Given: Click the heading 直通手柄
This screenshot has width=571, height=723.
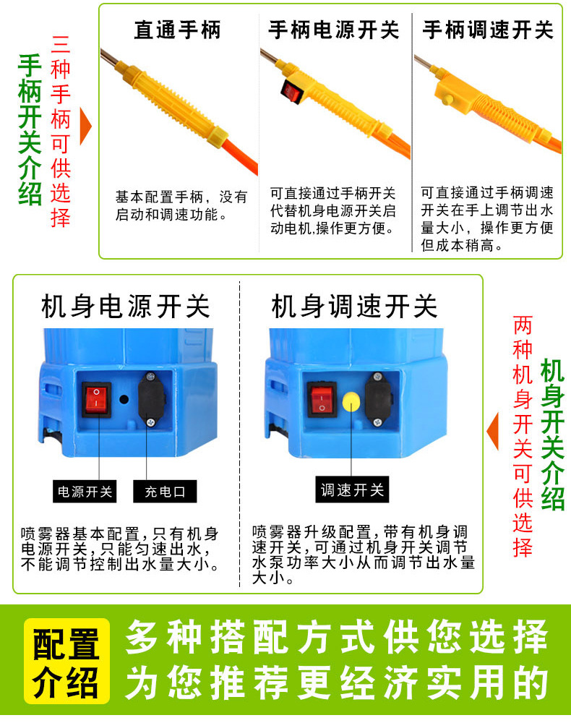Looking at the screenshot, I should point(177,30).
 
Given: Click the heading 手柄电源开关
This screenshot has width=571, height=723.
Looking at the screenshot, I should point(333,30).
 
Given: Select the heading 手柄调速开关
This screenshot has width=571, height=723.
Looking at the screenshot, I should point(488,30).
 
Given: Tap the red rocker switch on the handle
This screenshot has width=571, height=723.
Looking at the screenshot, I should point(292,92).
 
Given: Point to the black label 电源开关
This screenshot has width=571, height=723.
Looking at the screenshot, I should point(85,492).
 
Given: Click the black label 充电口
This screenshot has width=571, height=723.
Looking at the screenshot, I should point(165,492).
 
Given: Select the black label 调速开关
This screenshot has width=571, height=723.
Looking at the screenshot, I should point(352,489).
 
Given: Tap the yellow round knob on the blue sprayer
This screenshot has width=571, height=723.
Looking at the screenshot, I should point(352,400).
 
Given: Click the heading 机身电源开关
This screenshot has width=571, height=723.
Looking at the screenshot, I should point(126,307).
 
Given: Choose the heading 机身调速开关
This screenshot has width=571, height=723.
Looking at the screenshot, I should point(354,307).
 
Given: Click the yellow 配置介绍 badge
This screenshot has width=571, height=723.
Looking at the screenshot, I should point(66,660).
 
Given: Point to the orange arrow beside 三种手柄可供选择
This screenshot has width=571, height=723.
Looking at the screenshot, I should point(87,127).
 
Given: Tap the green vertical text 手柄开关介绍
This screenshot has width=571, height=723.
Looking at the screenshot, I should point(30,130).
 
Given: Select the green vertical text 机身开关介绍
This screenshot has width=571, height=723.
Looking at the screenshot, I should point(553,434).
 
